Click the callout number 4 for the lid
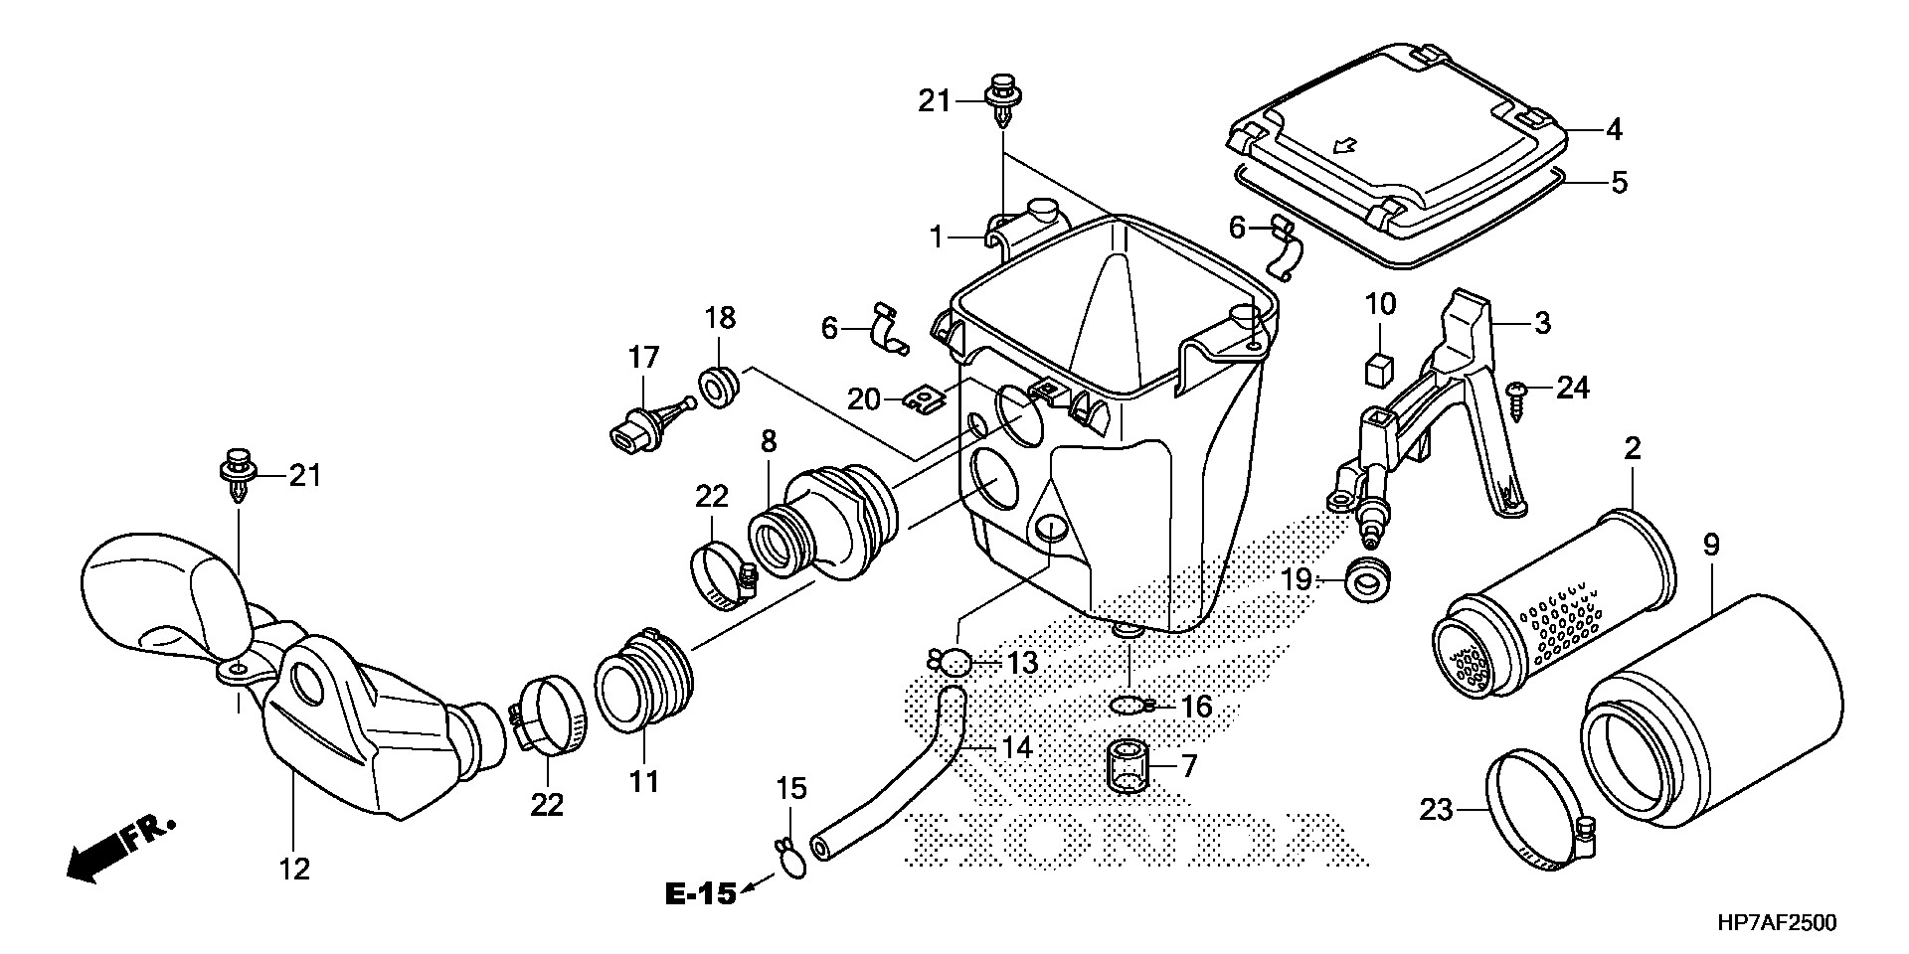pyautogui.click(x=1613, y=129)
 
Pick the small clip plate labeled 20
pyautogui.click(x=926, y=399)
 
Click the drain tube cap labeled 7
pyautogui.click(x=1129, y=766)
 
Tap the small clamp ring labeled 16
pyautogui.click(x=1130, y=706)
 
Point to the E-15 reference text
pyautogui.click(x=700, y=894)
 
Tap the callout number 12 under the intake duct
pyautogui.click(x=294, y=870)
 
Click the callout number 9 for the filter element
pyautogui.click(x=1710, y=546)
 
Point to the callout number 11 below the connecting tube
pyautogui.click(x=643, y=782)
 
